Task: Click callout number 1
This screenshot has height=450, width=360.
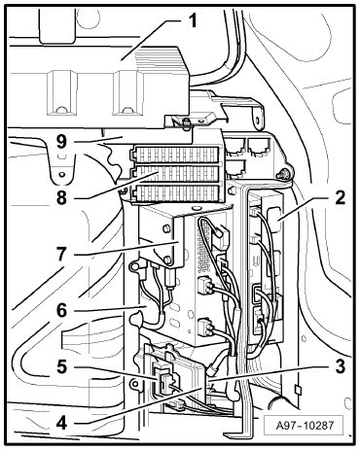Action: [x=193, y=20]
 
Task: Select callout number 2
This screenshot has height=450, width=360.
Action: [x=340, y=197]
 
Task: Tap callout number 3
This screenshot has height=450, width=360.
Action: [x=340, y=366]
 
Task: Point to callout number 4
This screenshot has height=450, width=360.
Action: [x=62, y=423]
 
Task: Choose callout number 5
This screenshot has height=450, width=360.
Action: [x=61, y=367]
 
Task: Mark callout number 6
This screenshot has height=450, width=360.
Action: [x=61, y=310]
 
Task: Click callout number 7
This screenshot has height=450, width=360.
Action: [x=61, y=254]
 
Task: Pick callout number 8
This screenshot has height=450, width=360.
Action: [x=61, y=197]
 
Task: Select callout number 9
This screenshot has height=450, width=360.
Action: [x=61, y=142]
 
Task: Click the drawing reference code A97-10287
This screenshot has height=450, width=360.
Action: [x=303, y=425]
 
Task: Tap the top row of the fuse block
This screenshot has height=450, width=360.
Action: [x=176, y=155]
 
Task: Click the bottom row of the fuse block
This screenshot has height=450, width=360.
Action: [x=177, y=193]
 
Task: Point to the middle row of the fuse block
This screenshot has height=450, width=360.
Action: [x=176, y=174]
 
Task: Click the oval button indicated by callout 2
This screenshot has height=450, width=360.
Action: [x=274, y=221]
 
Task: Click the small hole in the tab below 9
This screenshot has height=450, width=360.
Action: [x=61, y=174]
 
